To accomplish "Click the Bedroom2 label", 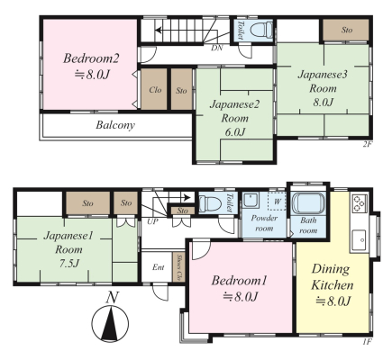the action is pos(91,58).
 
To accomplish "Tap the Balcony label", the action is pos(115,125).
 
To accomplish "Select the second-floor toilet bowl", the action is pos(261,31).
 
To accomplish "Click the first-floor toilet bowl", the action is pos(211,203).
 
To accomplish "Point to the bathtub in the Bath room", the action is pos(308,203).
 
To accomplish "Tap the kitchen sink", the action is pos(360,239).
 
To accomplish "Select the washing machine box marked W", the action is pos(277,202).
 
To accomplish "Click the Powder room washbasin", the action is pos(251,200).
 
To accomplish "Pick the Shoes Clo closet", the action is pos(178,267).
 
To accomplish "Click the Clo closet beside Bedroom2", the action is pos(154,89).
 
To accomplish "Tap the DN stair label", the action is pos(217,48).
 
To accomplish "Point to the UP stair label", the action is pos(153,221).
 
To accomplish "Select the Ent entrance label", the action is pos(159,267).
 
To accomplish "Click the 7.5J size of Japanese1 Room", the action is pos(68,264).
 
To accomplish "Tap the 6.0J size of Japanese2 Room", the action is pos(235,131).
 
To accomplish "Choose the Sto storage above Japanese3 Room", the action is pos(346,30).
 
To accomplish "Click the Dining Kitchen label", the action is pos(333,277).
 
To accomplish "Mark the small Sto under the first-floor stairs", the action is pos(182,211).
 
